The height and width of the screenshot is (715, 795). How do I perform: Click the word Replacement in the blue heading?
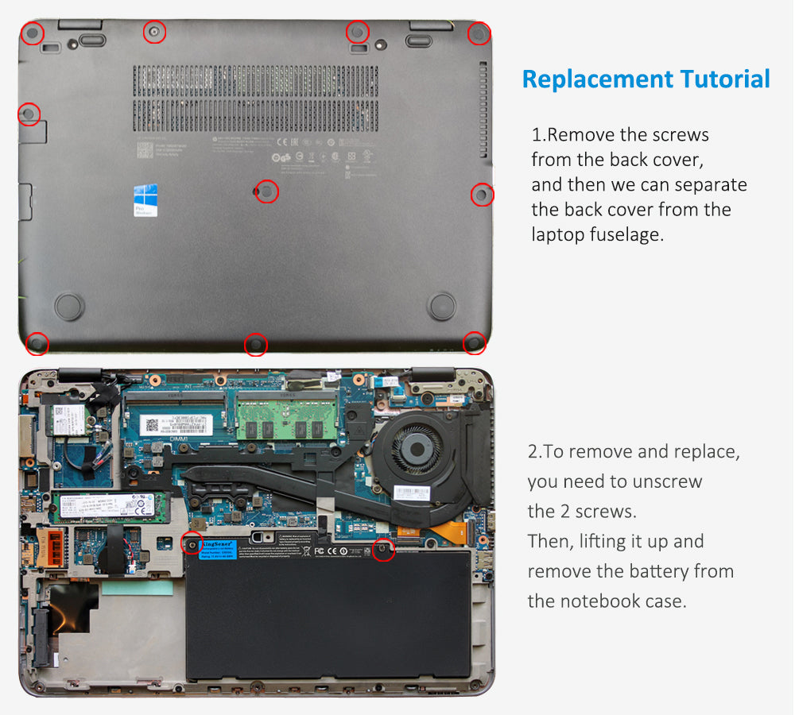596,79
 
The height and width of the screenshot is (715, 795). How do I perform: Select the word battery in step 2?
646,571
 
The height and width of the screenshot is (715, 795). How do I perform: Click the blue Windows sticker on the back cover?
145,200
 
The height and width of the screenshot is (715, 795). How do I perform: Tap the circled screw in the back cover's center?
268,191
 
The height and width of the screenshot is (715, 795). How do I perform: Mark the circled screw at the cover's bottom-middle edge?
255,344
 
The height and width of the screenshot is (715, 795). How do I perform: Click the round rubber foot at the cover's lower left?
68,305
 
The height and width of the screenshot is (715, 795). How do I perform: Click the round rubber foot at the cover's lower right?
441,304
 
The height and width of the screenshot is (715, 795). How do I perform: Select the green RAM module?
284,423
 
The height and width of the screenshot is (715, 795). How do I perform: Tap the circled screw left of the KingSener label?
191,544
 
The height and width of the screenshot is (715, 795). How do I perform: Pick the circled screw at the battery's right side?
383,550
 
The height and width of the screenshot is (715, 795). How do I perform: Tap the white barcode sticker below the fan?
412,493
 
